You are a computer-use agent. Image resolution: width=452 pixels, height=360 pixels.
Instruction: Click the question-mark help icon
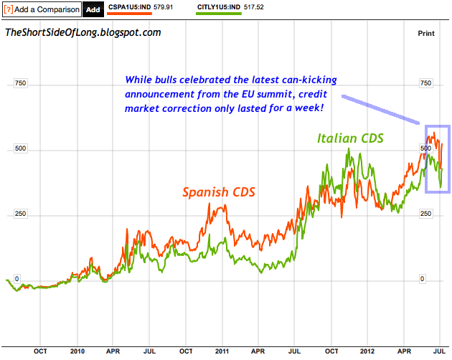[x=8, y=9]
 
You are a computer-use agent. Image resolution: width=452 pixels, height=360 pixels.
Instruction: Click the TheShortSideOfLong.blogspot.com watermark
[x=83, y=33]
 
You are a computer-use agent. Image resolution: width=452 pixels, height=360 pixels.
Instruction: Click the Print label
[x=427, y=33]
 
